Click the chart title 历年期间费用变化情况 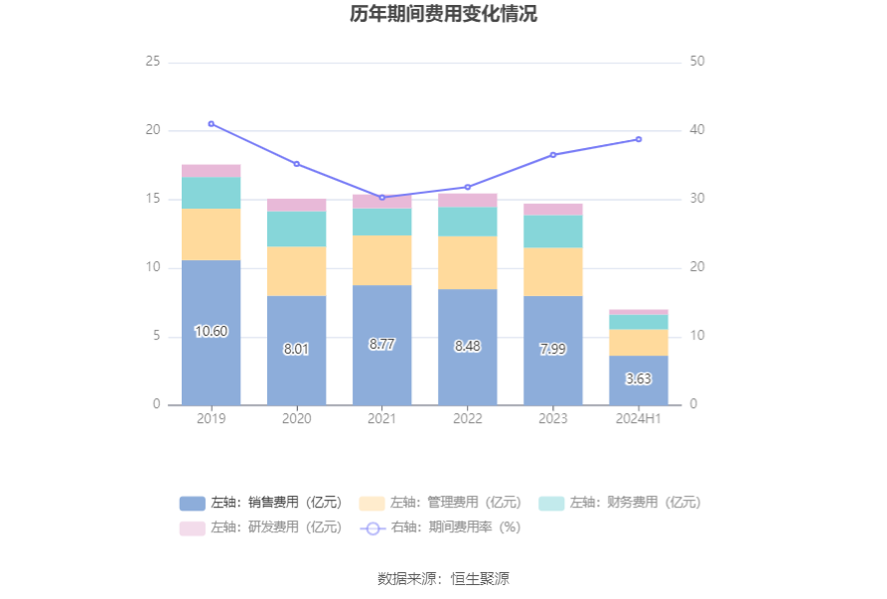click(443, 15)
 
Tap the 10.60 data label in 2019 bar click(211, 332)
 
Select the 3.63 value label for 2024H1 click(639, 379)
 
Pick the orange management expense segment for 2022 click(467, 262)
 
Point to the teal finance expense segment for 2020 click(296, 228)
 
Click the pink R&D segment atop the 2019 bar click(211, 171)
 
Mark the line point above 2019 click(211, 124)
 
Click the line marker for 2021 click(381, 198)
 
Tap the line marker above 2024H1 click(639, 139)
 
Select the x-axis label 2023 click(553, 419)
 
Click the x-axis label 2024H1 click(639, 419)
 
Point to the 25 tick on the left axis click(153, 62)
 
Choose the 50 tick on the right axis click(697, 62)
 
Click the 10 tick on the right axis click(697, 337)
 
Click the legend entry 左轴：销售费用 click(260, 503)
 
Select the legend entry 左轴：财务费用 click(620, 503)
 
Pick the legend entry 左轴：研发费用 click(260, 527)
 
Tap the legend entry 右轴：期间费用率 click(440, 527)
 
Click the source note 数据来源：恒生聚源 click(443, 579)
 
